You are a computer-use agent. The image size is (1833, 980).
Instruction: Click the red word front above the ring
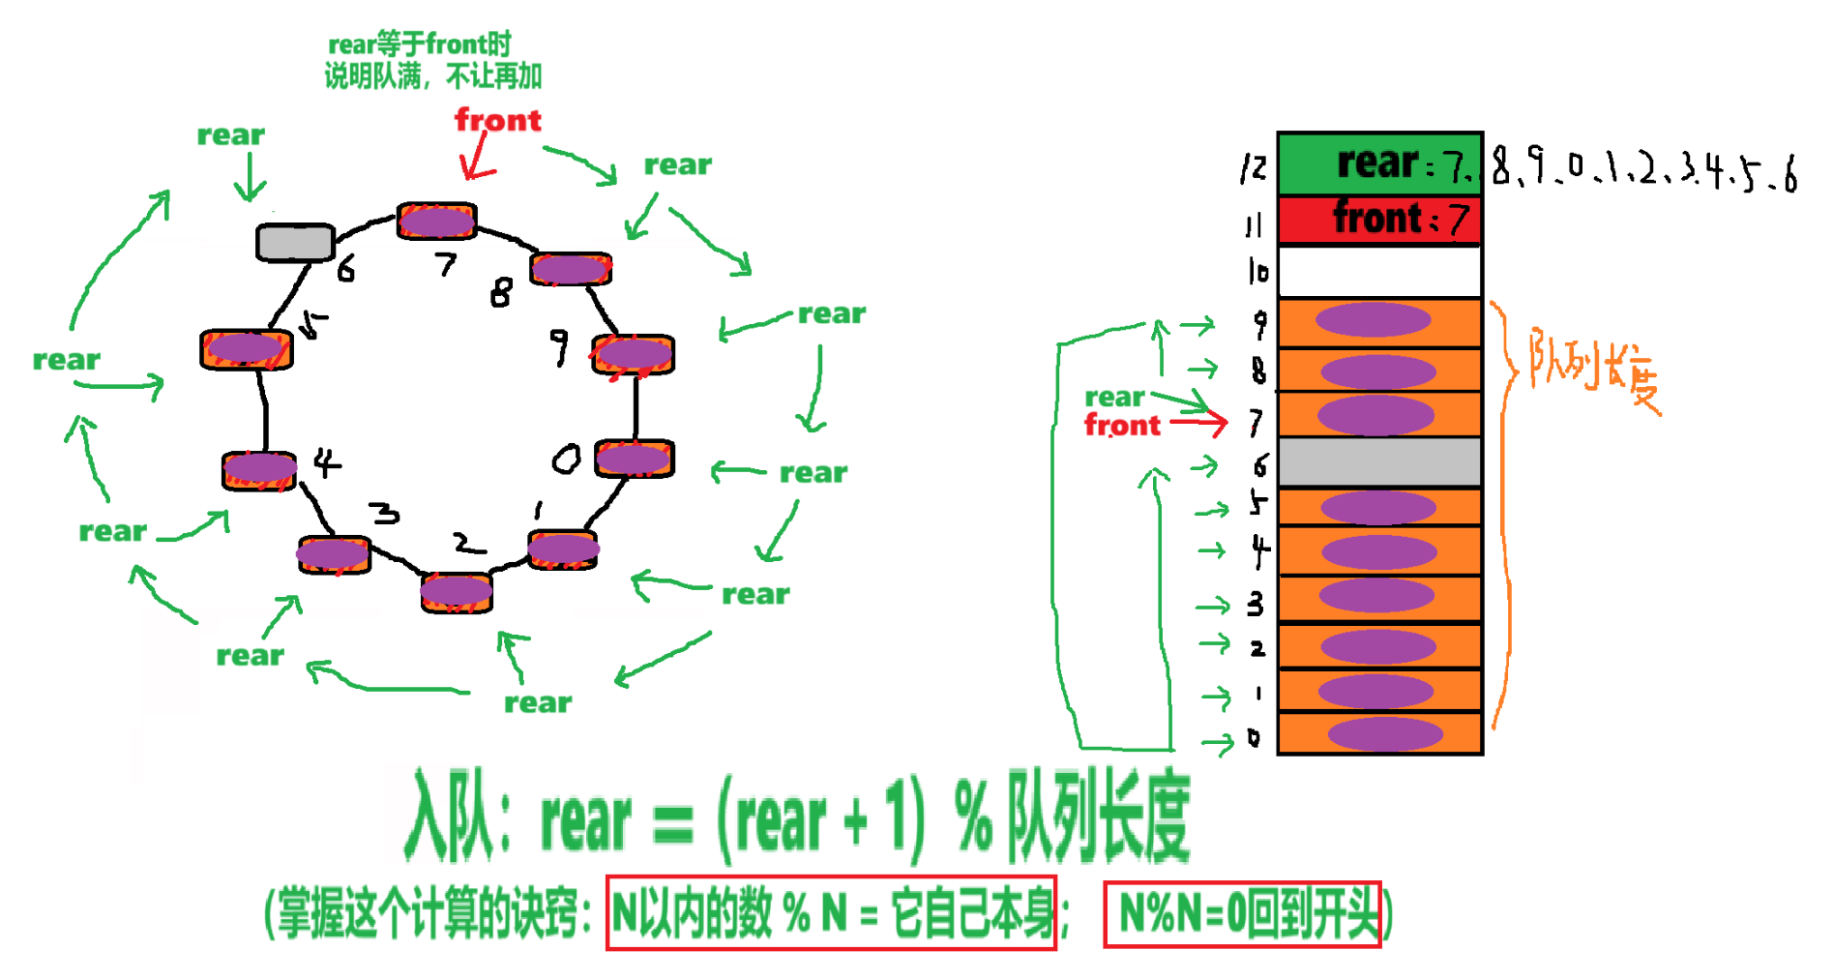(x=497, y=120)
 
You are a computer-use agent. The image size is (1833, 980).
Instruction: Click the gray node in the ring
(x=295, y=242)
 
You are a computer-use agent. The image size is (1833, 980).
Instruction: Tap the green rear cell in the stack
(x=1379, y=163)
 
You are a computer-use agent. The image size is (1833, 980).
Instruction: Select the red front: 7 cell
(x=1379, y=220)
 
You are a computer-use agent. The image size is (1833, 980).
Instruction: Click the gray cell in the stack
(x=1379, y=462)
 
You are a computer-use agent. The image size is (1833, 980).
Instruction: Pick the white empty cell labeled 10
(x=1379, y=272)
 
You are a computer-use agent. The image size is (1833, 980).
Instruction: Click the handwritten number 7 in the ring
(x=445, y=263)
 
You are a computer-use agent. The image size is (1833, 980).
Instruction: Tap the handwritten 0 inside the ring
(x=566, y=459)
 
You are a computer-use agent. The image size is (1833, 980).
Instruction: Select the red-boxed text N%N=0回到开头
(x=1243, y=913)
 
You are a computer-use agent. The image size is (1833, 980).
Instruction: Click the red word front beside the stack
(x=1122, y=426)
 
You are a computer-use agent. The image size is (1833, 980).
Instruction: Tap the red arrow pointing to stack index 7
(x=1198, y=422)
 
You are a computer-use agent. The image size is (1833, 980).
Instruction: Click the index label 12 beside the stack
(x=1254, y=167)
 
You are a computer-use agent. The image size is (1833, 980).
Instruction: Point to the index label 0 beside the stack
(x=1255, y=738)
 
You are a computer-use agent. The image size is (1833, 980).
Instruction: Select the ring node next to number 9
(x=634, y=354)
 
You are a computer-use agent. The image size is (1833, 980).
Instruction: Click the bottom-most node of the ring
(x=457, y=591)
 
